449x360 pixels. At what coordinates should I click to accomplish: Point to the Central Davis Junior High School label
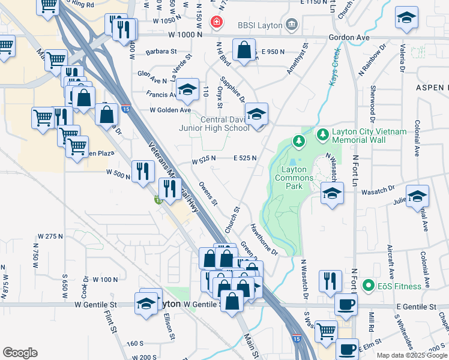[214, 124]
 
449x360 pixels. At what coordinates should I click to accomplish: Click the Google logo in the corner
[20, 353]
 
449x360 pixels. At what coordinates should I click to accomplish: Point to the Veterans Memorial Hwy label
[173, 178]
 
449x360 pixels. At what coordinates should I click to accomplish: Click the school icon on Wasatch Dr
[331, 193]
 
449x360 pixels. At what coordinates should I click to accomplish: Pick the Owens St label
[208, 194]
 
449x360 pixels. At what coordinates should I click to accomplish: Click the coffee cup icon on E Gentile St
[346, 305]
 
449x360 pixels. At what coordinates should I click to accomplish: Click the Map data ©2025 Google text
[411, 355]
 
